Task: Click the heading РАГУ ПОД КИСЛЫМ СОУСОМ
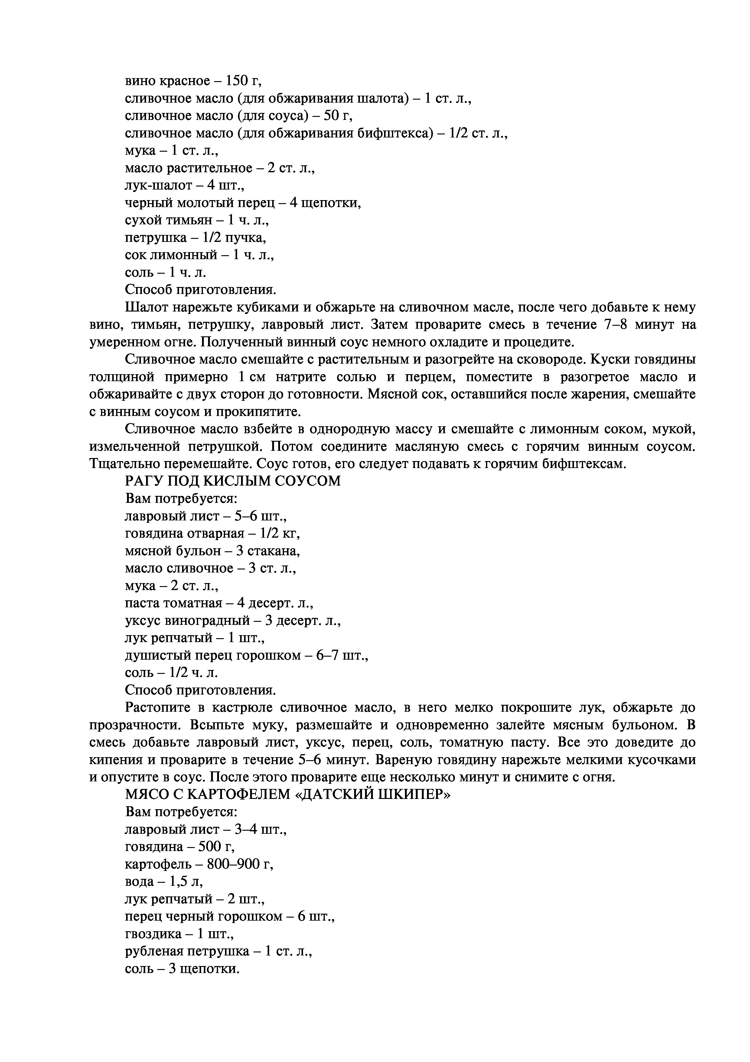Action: (x=233, y=481)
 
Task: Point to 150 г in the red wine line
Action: (x=242, y=81)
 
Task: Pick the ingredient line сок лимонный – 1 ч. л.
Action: (x=199, y=255)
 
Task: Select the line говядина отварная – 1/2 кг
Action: (x=212, y=533)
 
